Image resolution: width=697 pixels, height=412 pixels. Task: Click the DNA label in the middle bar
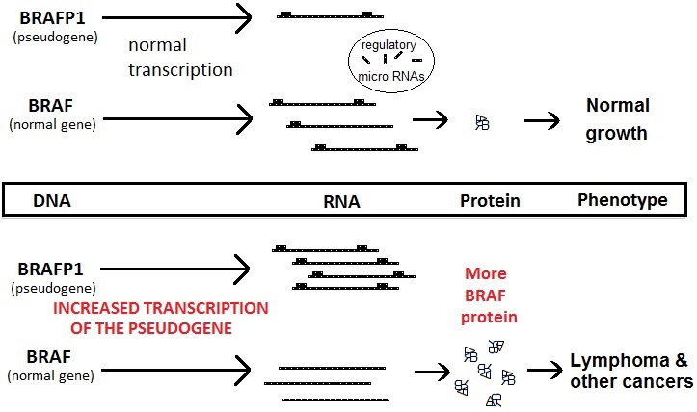tap(53, 201)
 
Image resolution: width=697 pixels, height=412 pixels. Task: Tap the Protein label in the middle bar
tap(489, 201)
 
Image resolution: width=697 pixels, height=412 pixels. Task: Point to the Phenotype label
tap(622, 200)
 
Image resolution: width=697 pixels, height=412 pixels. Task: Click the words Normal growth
tap(618, 119)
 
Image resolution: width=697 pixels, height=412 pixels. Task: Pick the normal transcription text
tap(179, 57)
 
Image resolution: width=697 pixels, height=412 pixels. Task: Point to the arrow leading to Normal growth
tap(543, 121)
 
